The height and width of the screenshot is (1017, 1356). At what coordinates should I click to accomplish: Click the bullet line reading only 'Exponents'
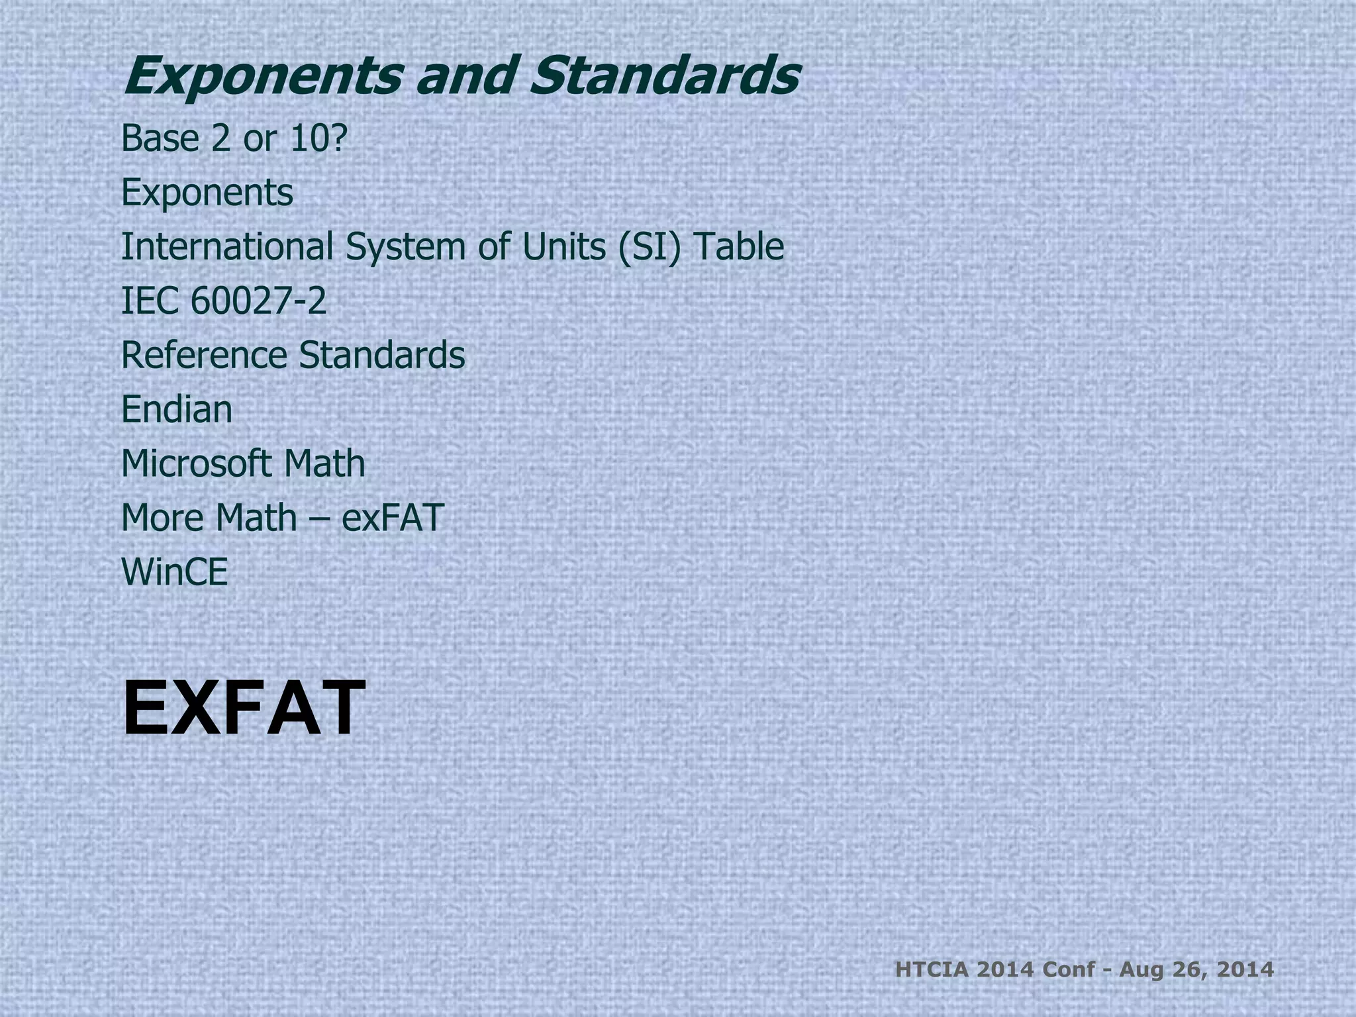pyautogui.click(x=207, y=193)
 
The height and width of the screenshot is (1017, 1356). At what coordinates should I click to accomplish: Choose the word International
pyautogui.click(x=226, y=246)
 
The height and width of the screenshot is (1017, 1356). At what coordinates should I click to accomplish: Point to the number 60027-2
pyautogui.click(x=258, y=301)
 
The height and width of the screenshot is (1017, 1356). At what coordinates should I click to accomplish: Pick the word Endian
pyautogui.click(x=177, y=409)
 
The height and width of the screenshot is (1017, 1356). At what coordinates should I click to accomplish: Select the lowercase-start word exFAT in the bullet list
pyautogui.click(x=392, y=518)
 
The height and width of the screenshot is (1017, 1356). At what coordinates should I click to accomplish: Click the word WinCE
pyautogui.click(x=175, y=572)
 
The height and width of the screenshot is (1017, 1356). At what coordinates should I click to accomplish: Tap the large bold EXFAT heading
pyautogui.click(x=244, y=708)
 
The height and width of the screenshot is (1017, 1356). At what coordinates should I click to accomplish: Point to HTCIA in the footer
pyautogui.click(x=932, y=971)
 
